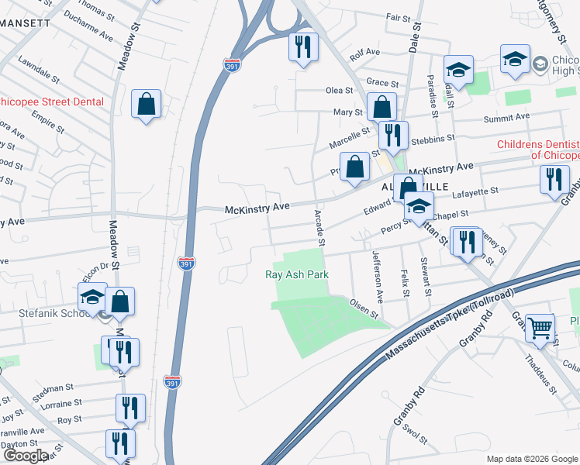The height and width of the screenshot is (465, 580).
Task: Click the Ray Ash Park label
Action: click(x=297, y=274)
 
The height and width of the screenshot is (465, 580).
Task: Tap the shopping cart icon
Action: click(x=540, y=326)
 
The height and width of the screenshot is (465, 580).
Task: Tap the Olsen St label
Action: click(x=363, y=309)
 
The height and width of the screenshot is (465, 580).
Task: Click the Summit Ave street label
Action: click(x=506, y=117)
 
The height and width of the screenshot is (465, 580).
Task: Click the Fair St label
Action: click(x=398, y=17)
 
